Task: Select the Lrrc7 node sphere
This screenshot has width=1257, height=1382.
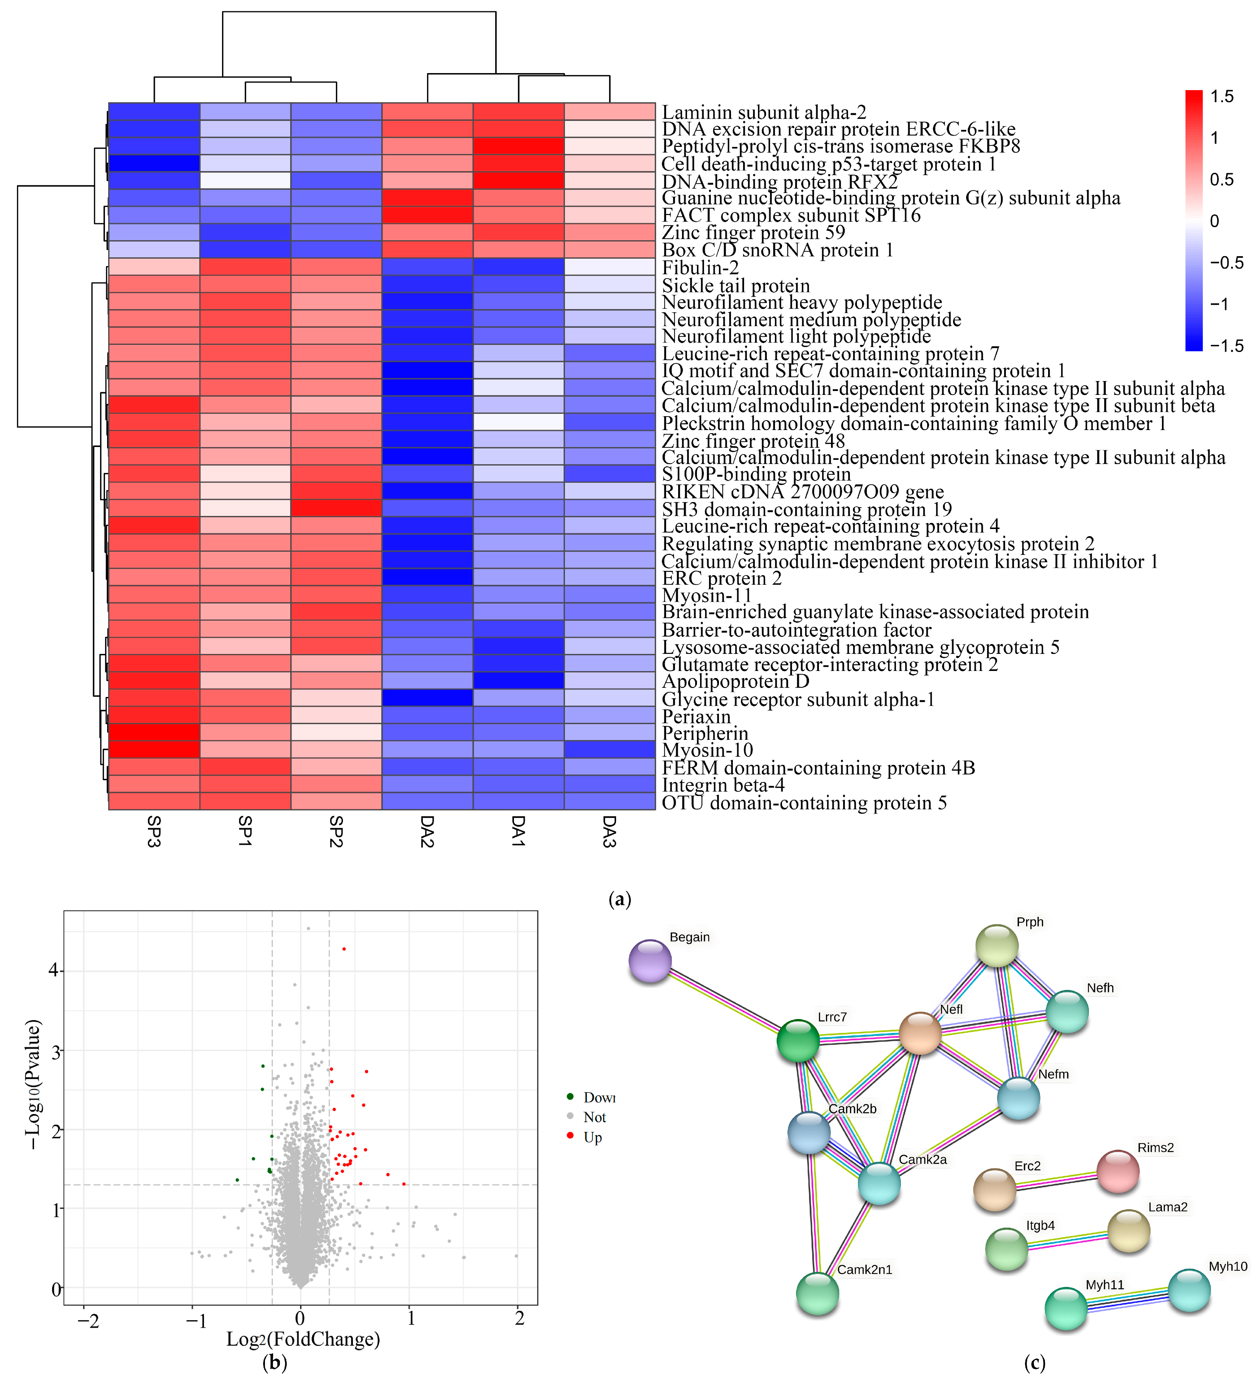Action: click(798, 1041)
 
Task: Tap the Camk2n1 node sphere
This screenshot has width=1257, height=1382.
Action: click(818, 1294)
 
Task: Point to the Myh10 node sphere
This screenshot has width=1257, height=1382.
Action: click(1189, 1290)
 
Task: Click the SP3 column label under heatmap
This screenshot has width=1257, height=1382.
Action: click(154, 832)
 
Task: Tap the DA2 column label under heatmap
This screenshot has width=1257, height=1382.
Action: click(427, 832)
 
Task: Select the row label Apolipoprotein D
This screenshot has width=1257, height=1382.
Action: click(735, 681)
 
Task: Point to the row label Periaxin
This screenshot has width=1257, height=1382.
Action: click(696, 716)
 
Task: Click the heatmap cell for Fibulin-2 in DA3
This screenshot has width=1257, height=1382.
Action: click(609, 267)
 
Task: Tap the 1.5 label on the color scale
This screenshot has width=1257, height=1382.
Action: click(1222, 97)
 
